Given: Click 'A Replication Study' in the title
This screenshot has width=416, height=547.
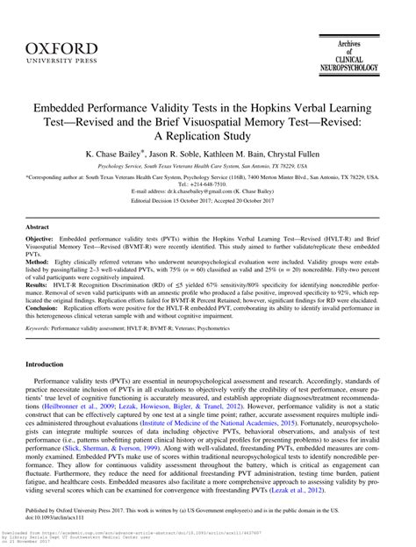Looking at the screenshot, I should tap(208, 135).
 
